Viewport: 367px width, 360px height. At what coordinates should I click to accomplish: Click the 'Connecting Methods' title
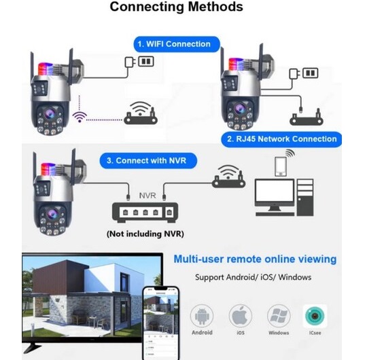click(176, 7)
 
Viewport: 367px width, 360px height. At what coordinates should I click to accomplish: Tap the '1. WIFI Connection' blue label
click(177, 44)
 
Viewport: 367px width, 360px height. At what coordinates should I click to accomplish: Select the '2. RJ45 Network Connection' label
click(281, 139)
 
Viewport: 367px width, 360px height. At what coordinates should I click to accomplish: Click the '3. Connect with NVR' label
click(148, 160)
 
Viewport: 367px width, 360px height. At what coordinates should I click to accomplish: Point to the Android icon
click(202, 316)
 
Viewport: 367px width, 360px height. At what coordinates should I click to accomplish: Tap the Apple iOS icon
click(241, 316)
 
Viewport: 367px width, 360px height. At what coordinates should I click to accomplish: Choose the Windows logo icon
click(279, 316)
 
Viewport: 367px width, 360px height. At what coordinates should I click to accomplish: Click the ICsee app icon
click(315, 316)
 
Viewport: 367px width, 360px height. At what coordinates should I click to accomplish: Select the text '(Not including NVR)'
click(145, 234)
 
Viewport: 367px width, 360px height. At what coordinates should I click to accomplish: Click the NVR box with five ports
click(145, 213)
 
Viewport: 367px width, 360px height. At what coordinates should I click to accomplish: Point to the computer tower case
click(305, 198)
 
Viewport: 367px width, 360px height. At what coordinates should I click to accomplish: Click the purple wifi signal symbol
click(80, 117)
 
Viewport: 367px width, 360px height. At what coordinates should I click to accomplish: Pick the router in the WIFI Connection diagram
click(141, 113)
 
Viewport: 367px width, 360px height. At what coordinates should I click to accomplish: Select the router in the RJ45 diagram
click(307, 118)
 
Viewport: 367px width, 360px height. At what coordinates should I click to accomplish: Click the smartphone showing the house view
click(161, 323)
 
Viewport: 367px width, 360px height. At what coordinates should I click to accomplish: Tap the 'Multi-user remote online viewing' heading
click(255, 259)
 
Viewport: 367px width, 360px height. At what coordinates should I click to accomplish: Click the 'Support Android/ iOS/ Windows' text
click(254, 277)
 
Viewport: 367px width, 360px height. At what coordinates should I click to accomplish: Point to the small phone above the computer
click(281, 166)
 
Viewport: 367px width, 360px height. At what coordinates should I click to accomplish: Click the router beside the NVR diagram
click(228, 177)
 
